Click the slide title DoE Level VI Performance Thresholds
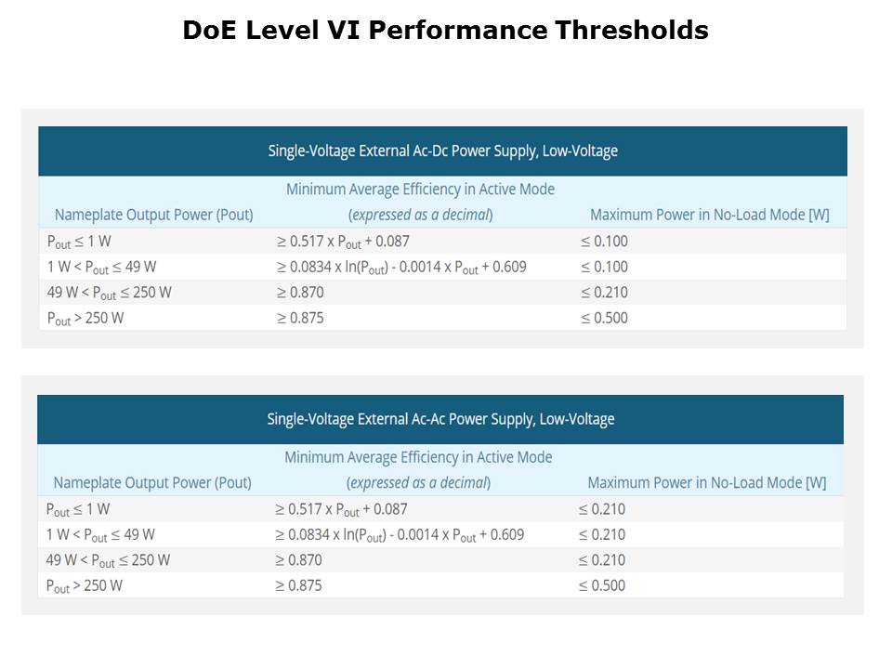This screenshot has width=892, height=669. (445, 31)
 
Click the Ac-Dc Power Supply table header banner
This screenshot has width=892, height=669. (442, 151)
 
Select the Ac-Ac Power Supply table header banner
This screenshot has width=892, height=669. (440, 419)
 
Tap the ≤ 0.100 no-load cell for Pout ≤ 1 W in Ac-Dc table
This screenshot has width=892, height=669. (604, 242)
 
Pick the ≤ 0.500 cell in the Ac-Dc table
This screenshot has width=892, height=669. (604, 318)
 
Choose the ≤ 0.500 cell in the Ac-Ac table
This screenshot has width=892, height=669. (602, 585)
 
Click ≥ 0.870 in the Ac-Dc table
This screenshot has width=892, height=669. (300, 293)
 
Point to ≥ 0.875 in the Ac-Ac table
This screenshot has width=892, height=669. (298, 585)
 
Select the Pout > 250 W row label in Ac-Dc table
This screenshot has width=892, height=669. (85, 318)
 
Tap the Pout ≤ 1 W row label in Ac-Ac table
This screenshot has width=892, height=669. (78, 509)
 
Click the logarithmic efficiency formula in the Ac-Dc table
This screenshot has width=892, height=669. (401, 268)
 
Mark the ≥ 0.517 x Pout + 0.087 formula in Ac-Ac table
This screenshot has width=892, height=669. (341, 509)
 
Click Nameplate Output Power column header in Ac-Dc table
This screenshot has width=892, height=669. (153, 216)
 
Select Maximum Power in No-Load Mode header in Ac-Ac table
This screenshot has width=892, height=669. (707, 483)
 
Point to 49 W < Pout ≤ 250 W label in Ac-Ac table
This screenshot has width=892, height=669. (108, 560)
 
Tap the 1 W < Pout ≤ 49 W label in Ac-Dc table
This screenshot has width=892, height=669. (101, 268)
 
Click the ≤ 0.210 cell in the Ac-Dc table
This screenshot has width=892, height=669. (604, 293)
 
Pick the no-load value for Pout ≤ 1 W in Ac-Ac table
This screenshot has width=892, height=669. (602, 509)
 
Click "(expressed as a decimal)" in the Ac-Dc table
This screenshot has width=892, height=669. (420, 216)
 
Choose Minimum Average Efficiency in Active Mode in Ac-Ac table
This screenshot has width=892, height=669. (418, 457)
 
